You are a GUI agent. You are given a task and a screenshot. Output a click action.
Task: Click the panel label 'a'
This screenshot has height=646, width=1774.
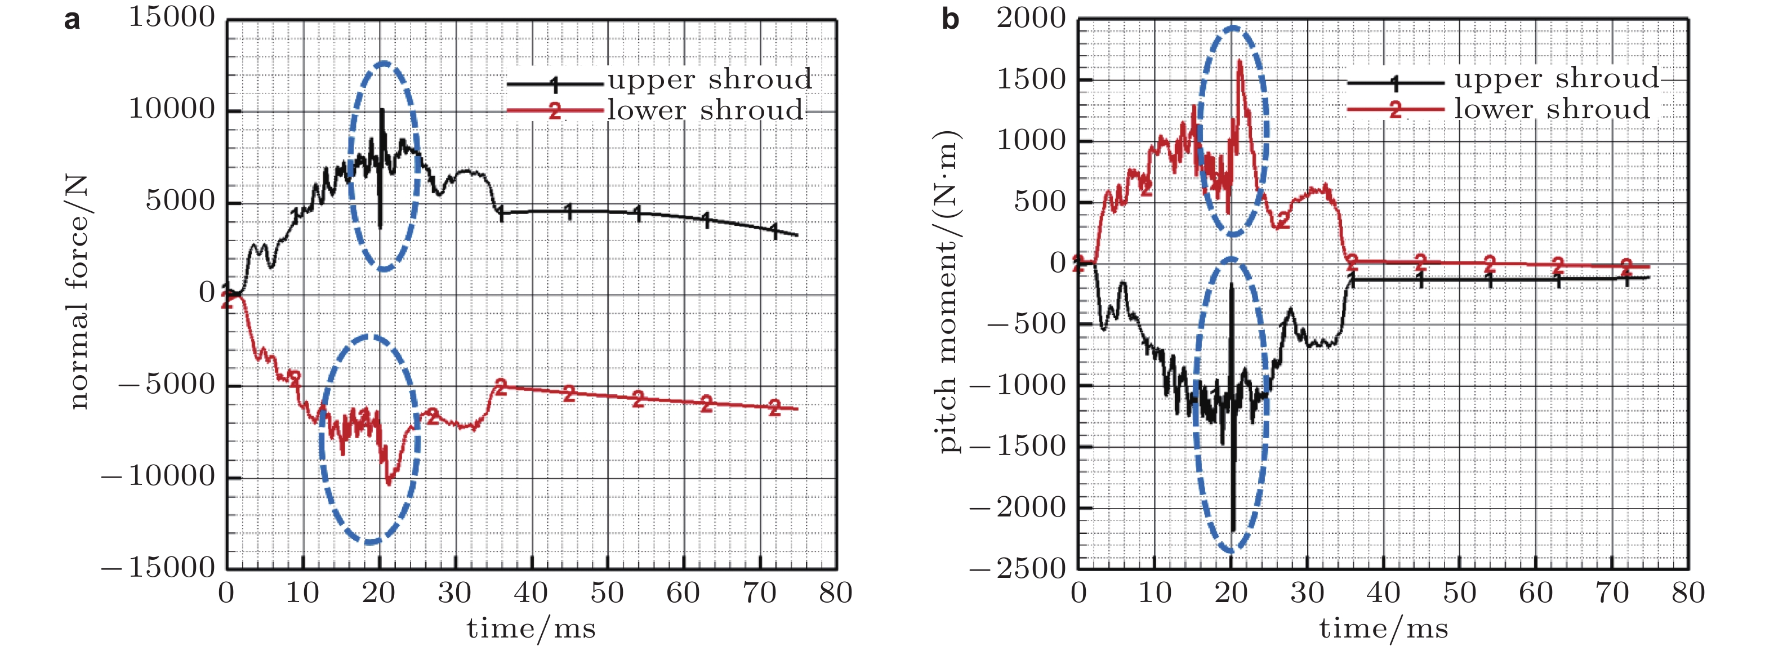tap(72, 21)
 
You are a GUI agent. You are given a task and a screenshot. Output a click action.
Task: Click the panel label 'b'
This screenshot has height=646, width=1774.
tap(951, 21)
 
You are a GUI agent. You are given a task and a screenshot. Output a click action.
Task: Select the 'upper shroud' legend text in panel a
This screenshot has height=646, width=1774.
tap(710, 80)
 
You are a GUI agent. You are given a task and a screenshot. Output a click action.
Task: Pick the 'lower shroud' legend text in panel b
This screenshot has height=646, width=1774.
tap(1552, 109)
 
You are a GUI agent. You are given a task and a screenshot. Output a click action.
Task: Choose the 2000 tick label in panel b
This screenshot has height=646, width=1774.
tap(1032, 18)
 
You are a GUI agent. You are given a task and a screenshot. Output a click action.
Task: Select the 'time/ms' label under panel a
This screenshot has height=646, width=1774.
tap(531, 628)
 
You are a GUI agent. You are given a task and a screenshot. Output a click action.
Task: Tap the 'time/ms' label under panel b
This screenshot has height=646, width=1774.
tap(1384, 628)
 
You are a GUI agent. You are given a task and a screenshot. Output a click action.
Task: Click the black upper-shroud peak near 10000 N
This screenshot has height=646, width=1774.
tap(381, 110)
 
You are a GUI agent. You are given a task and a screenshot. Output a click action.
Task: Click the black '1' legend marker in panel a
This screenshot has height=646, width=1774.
tap(555, 84)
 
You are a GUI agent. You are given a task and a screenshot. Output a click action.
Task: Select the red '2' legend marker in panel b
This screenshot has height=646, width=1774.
tap(1395, 109)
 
